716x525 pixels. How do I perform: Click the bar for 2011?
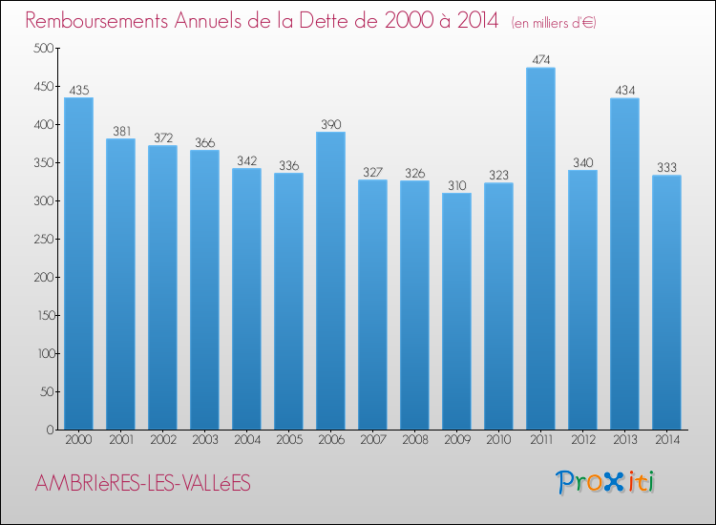(x=540, y=248)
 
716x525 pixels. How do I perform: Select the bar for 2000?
(x=78, y=263)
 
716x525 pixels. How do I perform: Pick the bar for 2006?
(x=330, y=281)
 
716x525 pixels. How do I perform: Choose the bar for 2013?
(x=624, y=263)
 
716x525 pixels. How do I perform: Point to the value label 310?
(x=456, y=185)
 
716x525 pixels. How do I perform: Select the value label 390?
(x=330, y=124)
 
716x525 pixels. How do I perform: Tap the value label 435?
(x=78, y=90)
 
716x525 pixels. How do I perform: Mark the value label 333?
(x=666, y=167)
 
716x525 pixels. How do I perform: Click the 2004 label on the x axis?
(x=246, y=440)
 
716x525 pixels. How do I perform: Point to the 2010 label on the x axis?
(x=498, y=440)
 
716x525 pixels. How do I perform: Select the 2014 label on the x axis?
(x=666, y=440)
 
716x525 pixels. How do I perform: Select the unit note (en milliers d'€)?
(x=553, y=22)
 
